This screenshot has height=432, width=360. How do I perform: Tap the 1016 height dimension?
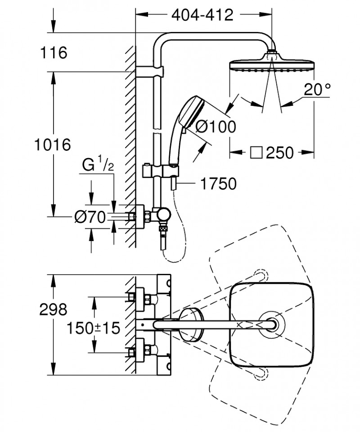(53, 145)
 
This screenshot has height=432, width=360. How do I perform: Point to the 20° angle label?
(316, 90)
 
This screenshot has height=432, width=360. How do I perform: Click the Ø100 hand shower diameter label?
(215, 127)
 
